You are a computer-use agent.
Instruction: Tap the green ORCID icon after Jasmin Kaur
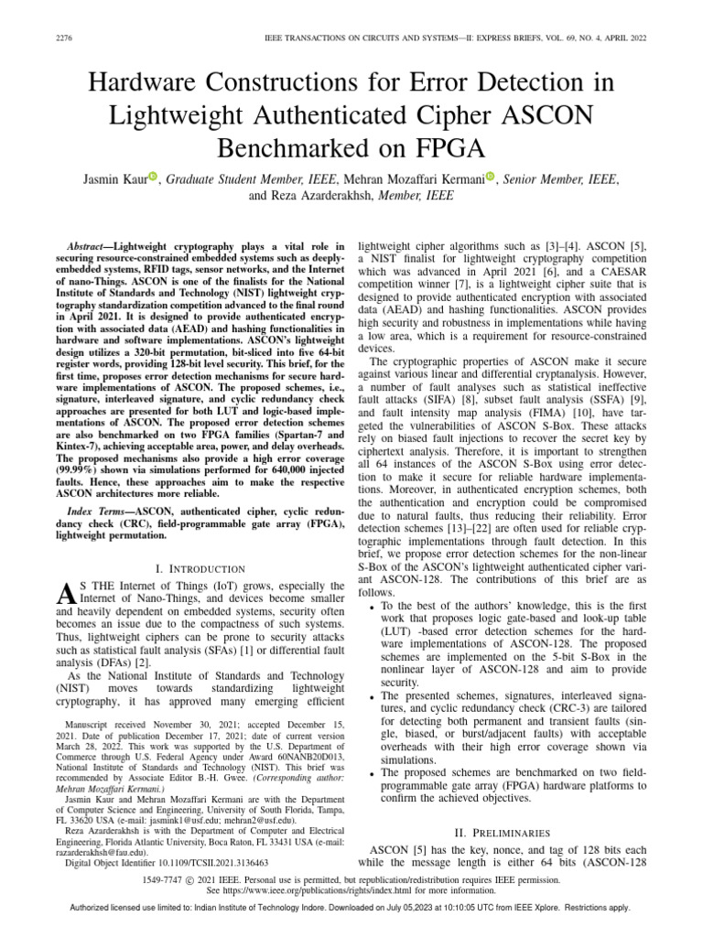[153, 177]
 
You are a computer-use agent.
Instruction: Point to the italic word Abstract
[90, 247]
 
